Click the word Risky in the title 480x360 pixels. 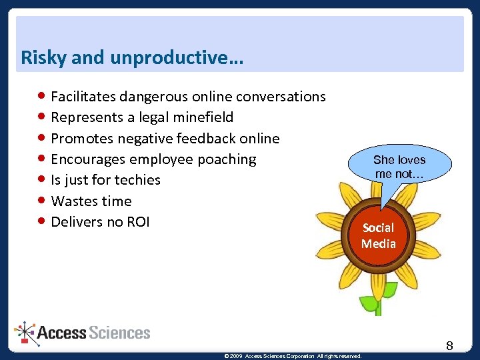43,58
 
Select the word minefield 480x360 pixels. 203,117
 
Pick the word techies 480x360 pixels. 137,180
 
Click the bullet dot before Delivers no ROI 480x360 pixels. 42,221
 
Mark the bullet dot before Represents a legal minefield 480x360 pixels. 42,117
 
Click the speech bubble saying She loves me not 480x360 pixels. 399,167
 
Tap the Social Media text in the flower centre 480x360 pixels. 379,235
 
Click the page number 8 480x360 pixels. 449,345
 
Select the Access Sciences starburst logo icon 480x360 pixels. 26,332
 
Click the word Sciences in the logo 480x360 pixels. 120,332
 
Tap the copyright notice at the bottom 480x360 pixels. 293,356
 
